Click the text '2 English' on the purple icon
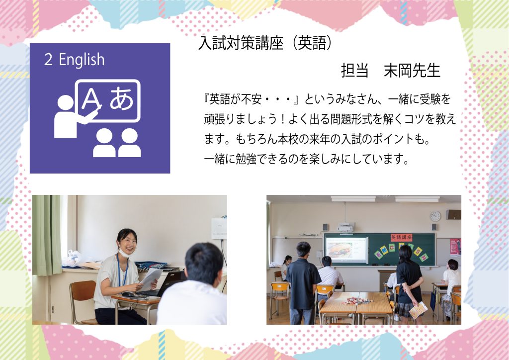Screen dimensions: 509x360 pyautogui.click(x=75, y=60)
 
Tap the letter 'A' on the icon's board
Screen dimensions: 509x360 pyautogui.click(x=91, y=98)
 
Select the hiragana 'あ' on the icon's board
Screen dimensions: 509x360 pyautogui.click(x=122, y=98)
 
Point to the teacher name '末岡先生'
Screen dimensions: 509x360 pyautogui.click(x=412, y=71)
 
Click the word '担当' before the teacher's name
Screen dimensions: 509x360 pyautogui.click(x=354, y=71)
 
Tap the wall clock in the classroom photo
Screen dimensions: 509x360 pyautogui.click(x=435, y=216)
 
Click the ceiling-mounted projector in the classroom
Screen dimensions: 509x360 pyautogui.click(x=345, y=227)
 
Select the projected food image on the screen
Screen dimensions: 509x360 pyautogui.click(x=340, y=250)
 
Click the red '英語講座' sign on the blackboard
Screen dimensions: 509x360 pyautogui.click(x=401, y=237)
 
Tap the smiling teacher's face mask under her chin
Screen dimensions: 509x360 pyautogui.click(x=123, y=252)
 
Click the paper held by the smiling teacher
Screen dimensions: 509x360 pyautogui.click(x=150, y=278)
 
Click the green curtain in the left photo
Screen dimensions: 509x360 pyautogui.click(x=47, y=235)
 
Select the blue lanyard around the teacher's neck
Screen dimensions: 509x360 pyautogui.click(x=122, y=270)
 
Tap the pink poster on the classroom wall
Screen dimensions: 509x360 pyautogui.click(x=455, y=247)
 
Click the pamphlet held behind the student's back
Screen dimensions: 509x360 pyautogui.click(x=418, y=310)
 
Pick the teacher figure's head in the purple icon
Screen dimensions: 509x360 pyautogui.click(x=66, y=103)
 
